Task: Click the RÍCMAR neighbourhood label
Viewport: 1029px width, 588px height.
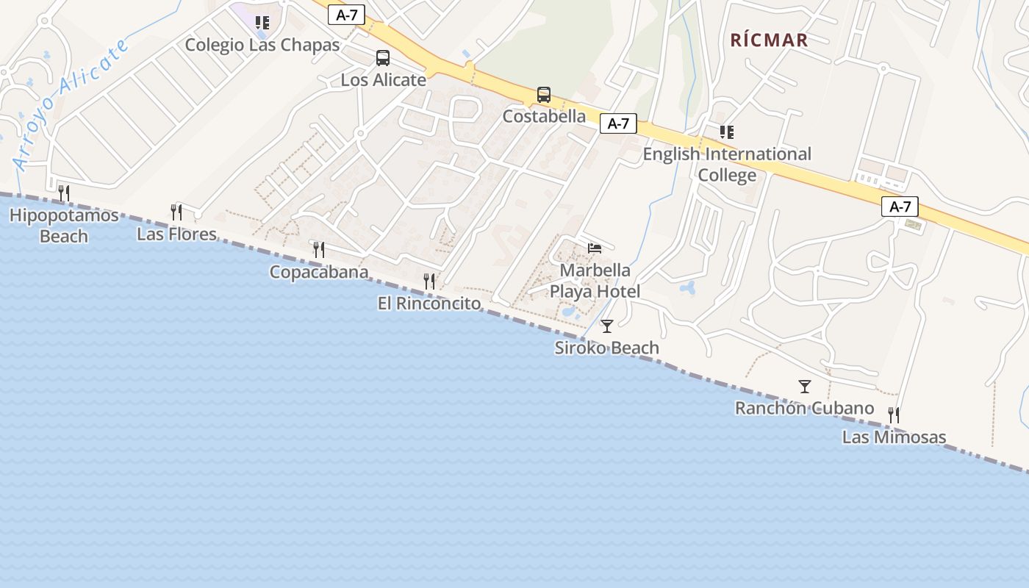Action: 769,40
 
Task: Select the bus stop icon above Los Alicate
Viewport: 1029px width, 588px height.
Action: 383,58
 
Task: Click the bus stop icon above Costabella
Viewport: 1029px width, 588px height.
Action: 544,95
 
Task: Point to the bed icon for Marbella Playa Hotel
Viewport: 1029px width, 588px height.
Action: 595,248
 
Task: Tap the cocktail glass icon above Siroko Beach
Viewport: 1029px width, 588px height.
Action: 607,326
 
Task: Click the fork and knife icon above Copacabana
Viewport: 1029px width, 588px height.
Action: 319,250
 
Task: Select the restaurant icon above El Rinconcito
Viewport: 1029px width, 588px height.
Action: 429,282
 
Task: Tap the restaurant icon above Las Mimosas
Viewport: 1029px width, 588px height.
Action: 894,415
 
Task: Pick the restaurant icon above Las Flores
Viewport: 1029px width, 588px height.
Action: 176,212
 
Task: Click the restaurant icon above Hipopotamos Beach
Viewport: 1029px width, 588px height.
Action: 64,193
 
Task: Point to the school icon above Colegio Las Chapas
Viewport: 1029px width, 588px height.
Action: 262,23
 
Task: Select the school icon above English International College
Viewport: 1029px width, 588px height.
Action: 727,132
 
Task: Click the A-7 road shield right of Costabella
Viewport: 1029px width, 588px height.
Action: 618,123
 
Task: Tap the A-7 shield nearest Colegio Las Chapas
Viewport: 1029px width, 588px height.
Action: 346,15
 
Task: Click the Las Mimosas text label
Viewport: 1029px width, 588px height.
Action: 894,437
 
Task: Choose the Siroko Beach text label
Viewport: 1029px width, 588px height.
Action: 606,348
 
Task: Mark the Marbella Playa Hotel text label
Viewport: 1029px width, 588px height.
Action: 595,282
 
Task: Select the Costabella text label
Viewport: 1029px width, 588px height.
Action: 544,116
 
